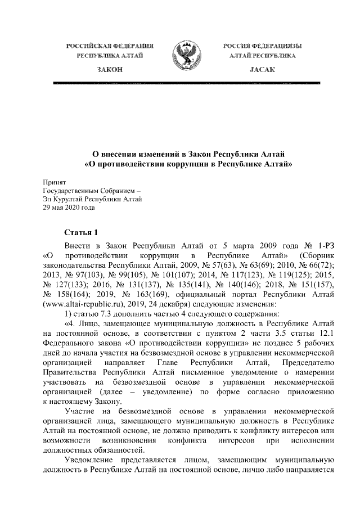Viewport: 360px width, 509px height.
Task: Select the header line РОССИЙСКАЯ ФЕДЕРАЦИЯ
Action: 110,44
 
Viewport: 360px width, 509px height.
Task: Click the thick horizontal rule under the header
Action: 185,83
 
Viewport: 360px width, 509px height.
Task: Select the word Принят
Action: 55,182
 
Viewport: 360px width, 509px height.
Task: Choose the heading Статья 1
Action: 80,233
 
